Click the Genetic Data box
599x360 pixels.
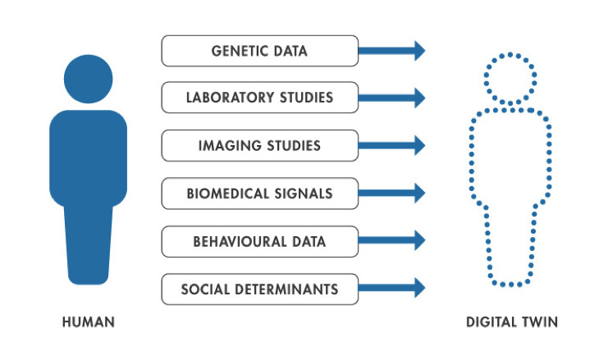pos(259,51)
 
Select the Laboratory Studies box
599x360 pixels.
pos(259,98)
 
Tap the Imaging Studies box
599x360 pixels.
pos(259,146)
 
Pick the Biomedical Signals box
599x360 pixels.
pos(259,194)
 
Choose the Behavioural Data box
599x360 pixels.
pos(259,241)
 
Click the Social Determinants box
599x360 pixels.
pos(259,289)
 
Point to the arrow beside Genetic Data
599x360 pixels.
pos(393,51)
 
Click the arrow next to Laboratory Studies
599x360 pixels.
pos(393,98)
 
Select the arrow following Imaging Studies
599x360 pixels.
pos(393,146)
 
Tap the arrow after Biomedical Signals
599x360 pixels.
pos(393,194)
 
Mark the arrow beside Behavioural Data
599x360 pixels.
pos(393,241)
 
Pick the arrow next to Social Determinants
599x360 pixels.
pos(393,289)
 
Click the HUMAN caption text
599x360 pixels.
pos(88,322)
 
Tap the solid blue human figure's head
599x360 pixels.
pos(88,80)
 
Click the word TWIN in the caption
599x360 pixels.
pos(538,322)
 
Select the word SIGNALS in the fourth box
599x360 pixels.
pos(301,194)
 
